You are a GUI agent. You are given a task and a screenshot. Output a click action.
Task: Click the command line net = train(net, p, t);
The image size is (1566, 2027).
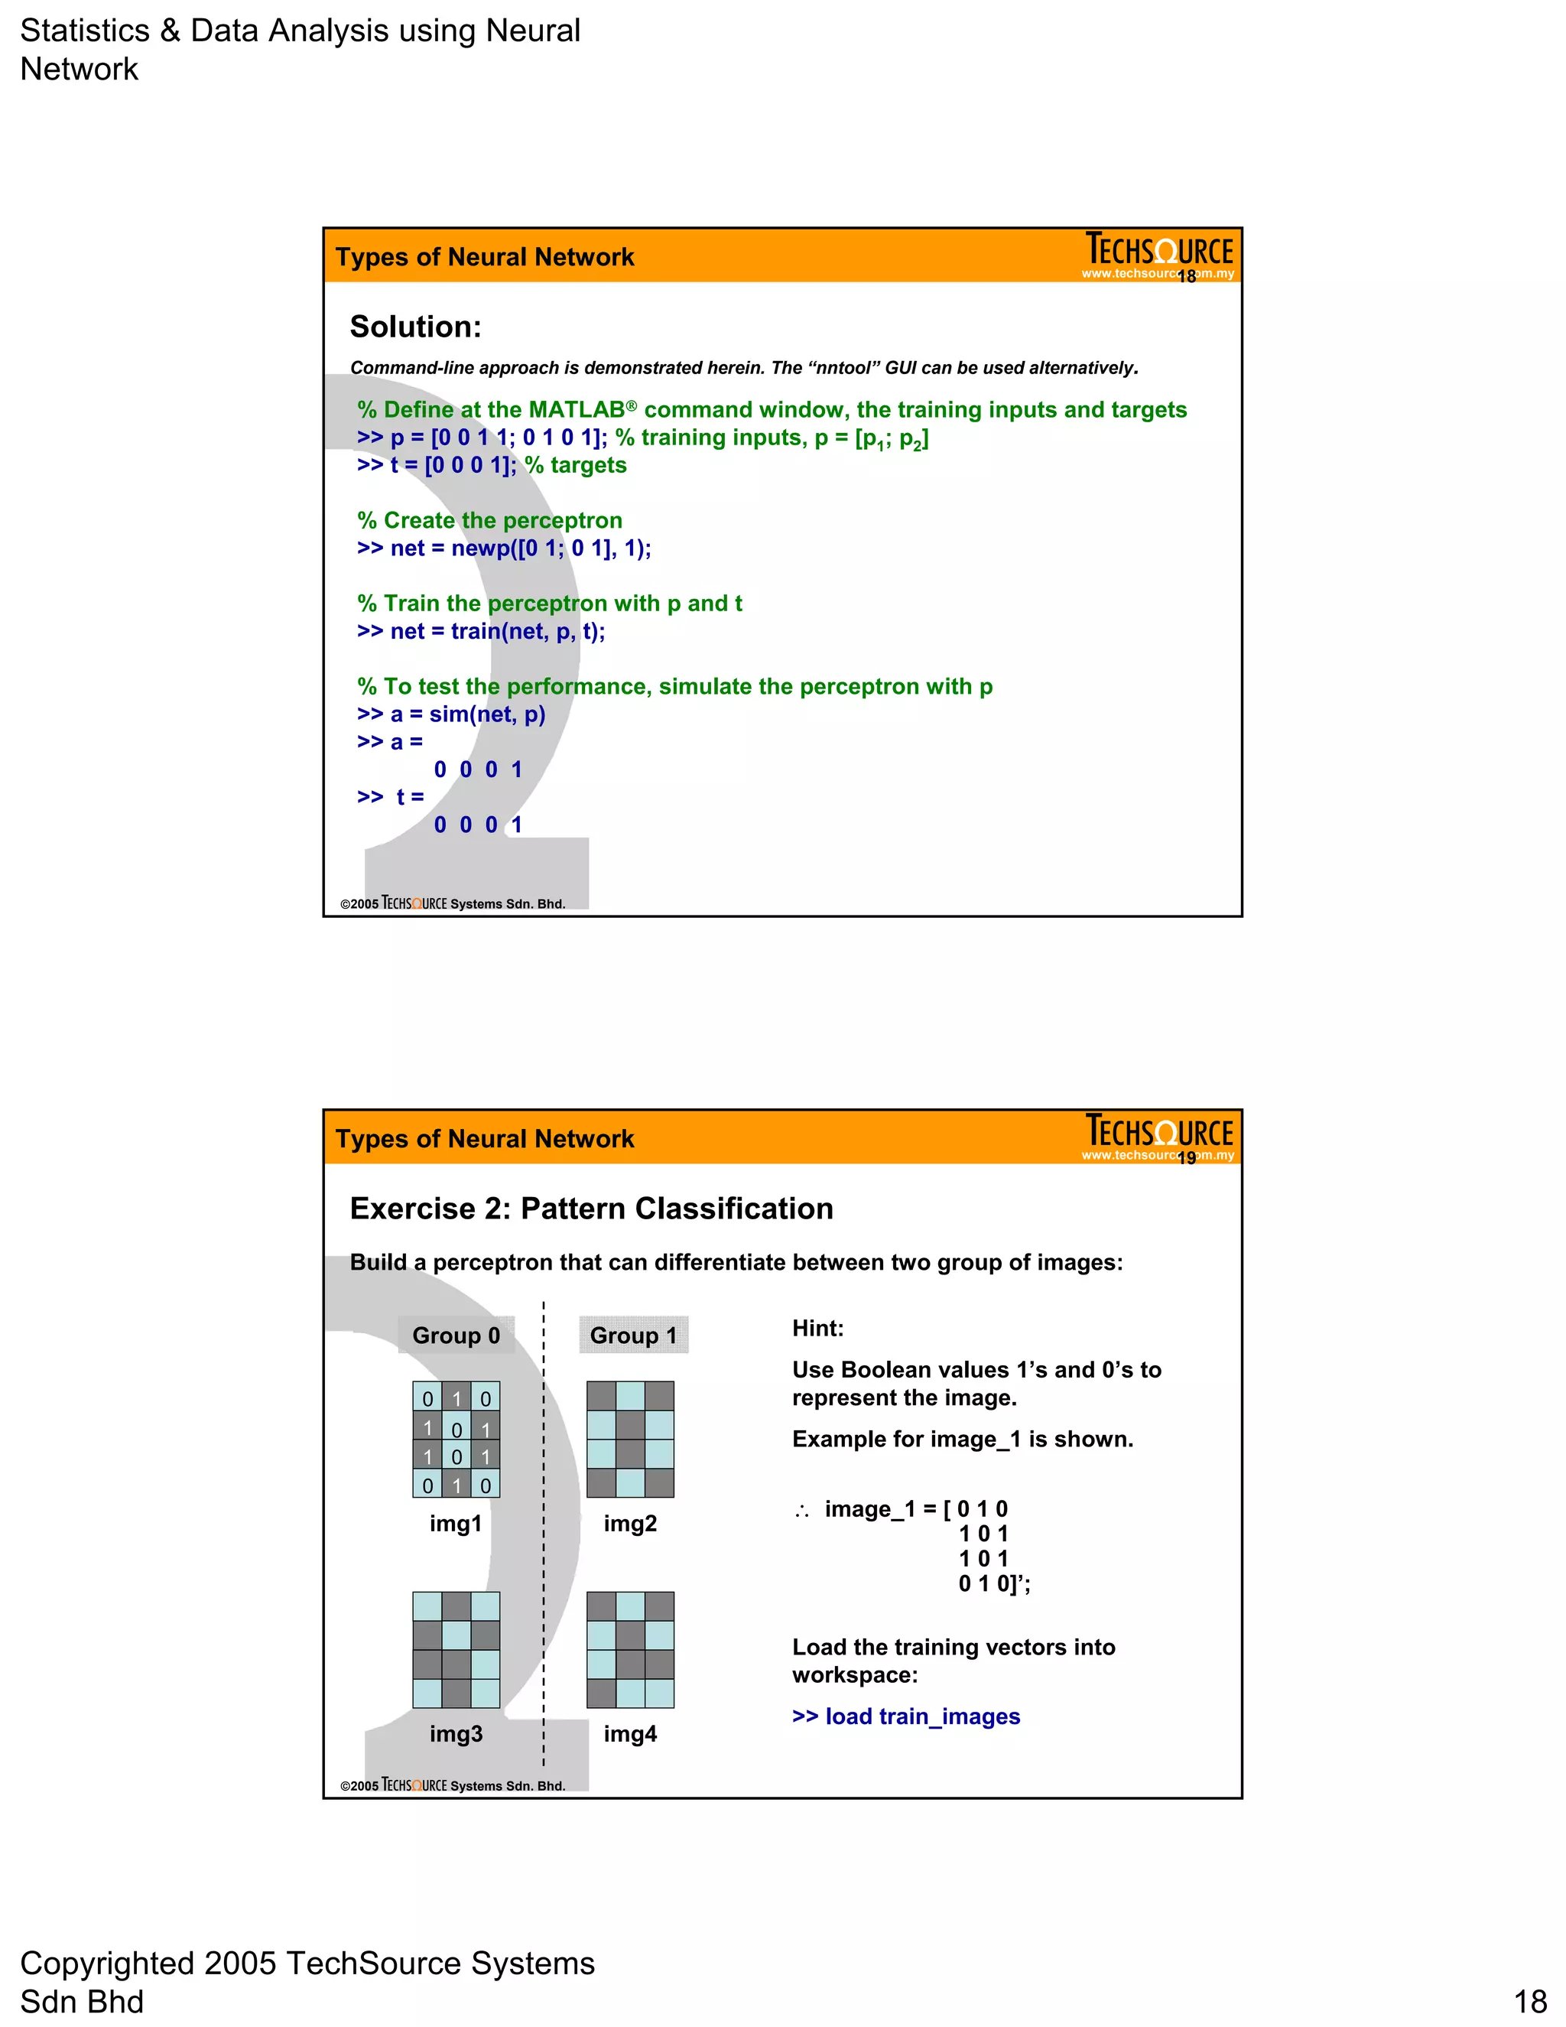pos(480,631)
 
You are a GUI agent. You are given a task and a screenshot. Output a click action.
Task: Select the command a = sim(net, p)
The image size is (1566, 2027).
pos(451,714)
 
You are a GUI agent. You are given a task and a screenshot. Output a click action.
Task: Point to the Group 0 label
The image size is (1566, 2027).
pos(456,1335)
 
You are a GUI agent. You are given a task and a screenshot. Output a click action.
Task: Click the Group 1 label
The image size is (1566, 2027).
pos(634,1335)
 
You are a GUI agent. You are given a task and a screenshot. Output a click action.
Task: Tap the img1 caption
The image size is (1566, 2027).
pos(456,1523)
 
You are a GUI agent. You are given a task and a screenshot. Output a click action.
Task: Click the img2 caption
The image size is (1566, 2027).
pos(630,1523)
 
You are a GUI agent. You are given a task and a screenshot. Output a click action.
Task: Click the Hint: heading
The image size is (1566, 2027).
pos(817,1328)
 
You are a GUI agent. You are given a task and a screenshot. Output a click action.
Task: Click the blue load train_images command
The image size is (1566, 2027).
pos(905,1716)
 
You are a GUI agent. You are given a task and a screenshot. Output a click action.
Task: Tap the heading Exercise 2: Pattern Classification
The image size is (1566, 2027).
pos(591,1209)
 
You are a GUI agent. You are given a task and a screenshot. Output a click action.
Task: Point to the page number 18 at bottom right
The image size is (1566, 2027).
pos(1530,2001)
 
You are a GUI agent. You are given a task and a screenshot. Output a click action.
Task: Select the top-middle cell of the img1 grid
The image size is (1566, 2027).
pos(456,1397)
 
